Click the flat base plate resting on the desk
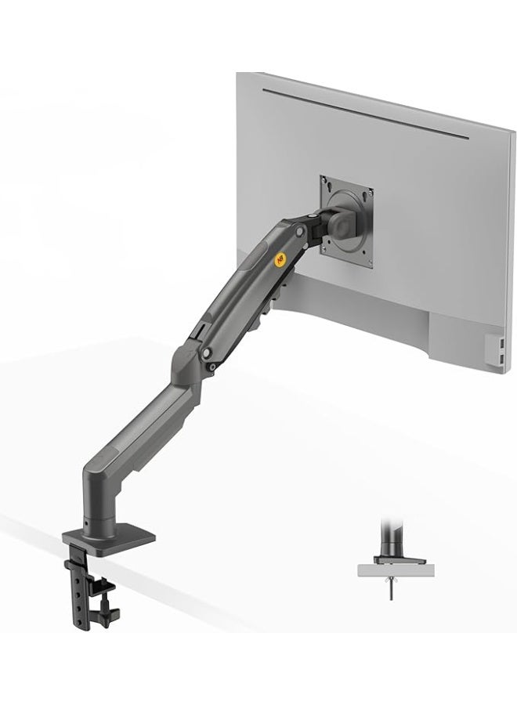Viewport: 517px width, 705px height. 110,540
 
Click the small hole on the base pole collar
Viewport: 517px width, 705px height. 84,521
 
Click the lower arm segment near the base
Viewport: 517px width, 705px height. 133,423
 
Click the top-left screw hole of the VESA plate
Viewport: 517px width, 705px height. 327,185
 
